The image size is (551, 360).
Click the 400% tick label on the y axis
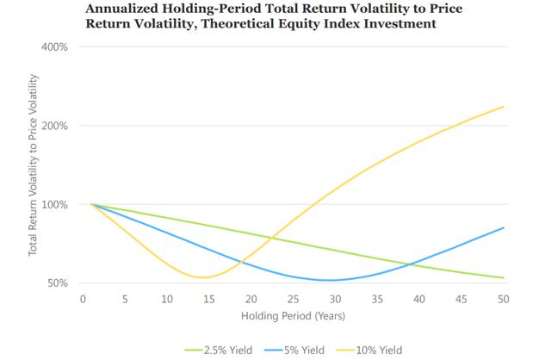(x=54, y=47)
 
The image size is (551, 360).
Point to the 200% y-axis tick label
(x=54, y=126)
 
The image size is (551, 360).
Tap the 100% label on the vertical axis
(x=54, y=205)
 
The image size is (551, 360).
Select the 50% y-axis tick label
(x=58, y=283)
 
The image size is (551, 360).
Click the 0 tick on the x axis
(x=83, y=299)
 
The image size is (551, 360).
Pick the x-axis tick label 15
(x=208, y=299)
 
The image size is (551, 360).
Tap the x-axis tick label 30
(x=335, y=299)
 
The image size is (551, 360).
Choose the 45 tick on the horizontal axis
(x=461, y=299)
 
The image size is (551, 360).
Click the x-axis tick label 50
(x=503, y=299)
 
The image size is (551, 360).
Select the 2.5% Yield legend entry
(x=219, y=351)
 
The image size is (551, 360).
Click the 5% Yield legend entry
(x=294, y=351)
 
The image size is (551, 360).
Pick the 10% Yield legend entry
(x=369, y=351)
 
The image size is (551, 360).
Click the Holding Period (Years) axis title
(x=293, y=316)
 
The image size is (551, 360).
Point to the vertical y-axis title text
(x=33, y=164)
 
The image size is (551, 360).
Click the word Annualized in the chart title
(x=121, y=9)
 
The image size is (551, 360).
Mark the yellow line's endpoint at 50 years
(x=504, y=107)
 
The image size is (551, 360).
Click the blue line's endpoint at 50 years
(x=504, y=228)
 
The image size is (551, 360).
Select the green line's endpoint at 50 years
(x=504, y=277)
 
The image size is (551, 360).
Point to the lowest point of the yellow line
(x=202, y=277)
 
